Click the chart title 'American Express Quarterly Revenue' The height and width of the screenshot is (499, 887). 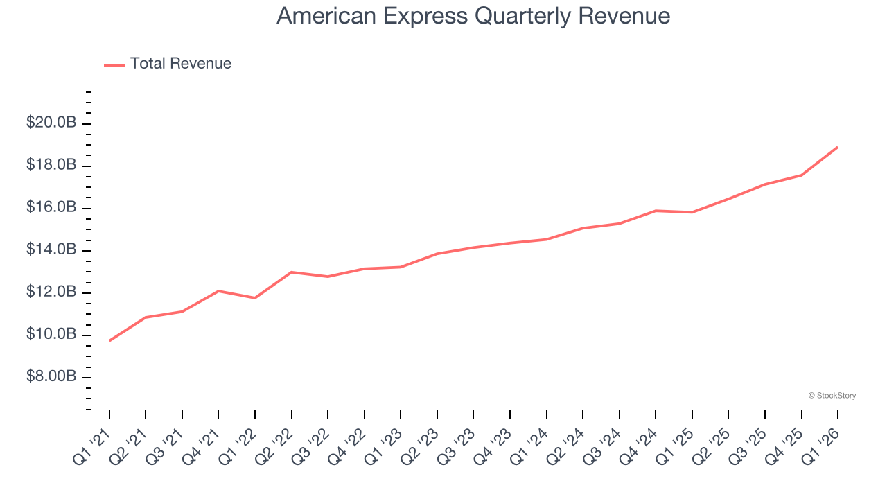473,16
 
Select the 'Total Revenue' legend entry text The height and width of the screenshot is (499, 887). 180,64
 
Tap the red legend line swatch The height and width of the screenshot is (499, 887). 114,64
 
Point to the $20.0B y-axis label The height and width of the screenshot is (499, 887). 51,123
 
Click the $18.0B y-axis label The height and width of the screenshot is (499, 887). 51,165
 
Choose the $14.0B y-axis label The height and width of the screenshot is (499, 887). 51,249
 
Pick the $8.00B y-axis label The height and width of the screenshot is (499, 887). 51,376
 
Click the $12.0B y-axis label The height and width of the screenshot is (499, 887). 51,292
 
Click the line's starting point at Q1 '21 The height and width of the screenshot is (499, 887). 109,340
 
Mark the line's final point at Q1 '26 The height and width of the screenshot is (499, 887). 838,147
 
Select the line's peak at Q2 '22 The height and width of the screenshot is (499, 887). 292,272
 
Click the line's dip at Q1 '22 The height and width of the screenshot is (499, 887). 255,298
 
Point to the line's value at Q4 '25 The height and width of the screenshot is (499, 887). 802,175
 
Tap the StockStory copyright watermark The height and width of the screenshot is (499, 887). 832,396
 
